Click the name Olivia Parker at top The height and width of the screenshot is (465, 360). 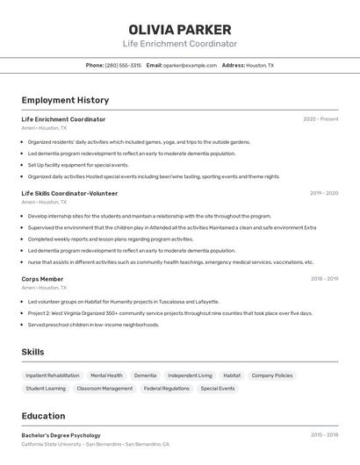pyautogui.click(x=180, y=30)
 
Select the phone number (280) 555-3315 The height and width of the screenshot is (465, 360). pyautogui.click(x=123, y=65)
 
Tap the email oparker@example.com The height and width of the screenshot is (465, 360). pyautogui.click(x=190, y=65)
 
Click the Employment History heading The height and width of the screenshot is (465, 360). pyautogui.click(x=65, y=100)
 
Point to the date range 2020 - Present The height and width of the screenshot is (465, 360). pyautogui.click(x=320, y=119)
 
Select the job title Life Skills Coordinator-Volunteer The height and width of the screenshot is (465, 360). pyautogui.click(x=69, y=193)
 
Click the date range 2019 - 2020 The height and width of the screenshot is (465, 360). pyautogui.click(x=324, y=193)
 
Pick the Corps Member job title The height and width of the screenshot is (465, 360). pyautogui.click(x=42, y=279)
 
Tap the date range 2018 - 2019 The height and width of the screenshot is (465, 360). pyautogui.click(x=324, y=279)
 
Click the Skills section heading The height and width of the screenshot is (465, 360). pyautogui.click(x=33, y=352)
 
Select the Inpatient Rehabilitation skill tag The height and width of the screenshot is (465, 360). pyautogui.click(x=53, y=376)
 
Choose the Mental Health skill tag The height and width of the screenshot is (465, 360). pyautogui.click(x=106, y=376)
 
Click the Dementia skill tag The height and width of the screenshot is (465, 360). pyautogui.click(x=145, y=376)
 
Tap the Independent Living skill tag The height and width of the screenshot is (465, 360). pyautogui.click(x=190, y=376)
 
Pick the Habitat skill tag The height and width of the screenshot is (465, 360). pyautogui.click(x=232, y=376)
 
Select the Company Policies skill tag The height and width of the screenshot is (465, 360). pyautogui.click(x=272, y=376)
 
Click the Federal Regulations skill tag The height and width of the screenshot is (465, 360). pyautogui.click(x=167, y=388)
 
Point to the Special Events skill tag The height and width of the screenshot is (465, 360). pyautogui.click(x=218, y=388)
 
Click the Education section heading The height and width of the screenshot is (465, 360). pyautogui.click(x=43, y=416)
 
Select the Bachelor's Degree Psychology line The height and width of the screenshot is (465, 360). pyautogui.click(x=61, y=435)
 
